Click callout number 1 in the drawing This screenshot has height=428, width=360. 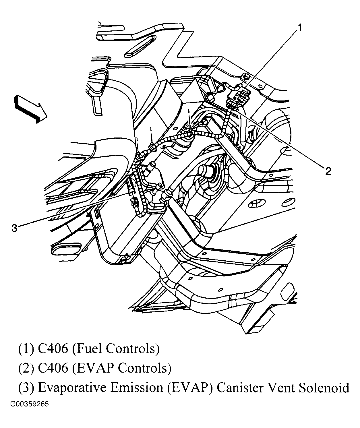coord(299,28)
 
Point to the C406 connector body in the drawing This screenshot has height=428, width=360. coord(238,97)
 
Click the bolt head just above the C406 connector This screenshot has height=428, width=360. coord(246,77)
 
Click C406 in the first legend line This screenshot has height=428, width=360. coord(53,348)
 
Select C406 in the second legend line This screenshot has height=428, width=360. coord(53,368)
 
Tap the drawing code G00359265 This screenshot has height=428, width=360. coord(30,405)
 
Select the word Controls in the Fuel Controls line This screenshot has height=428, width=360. coord(132,348)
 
